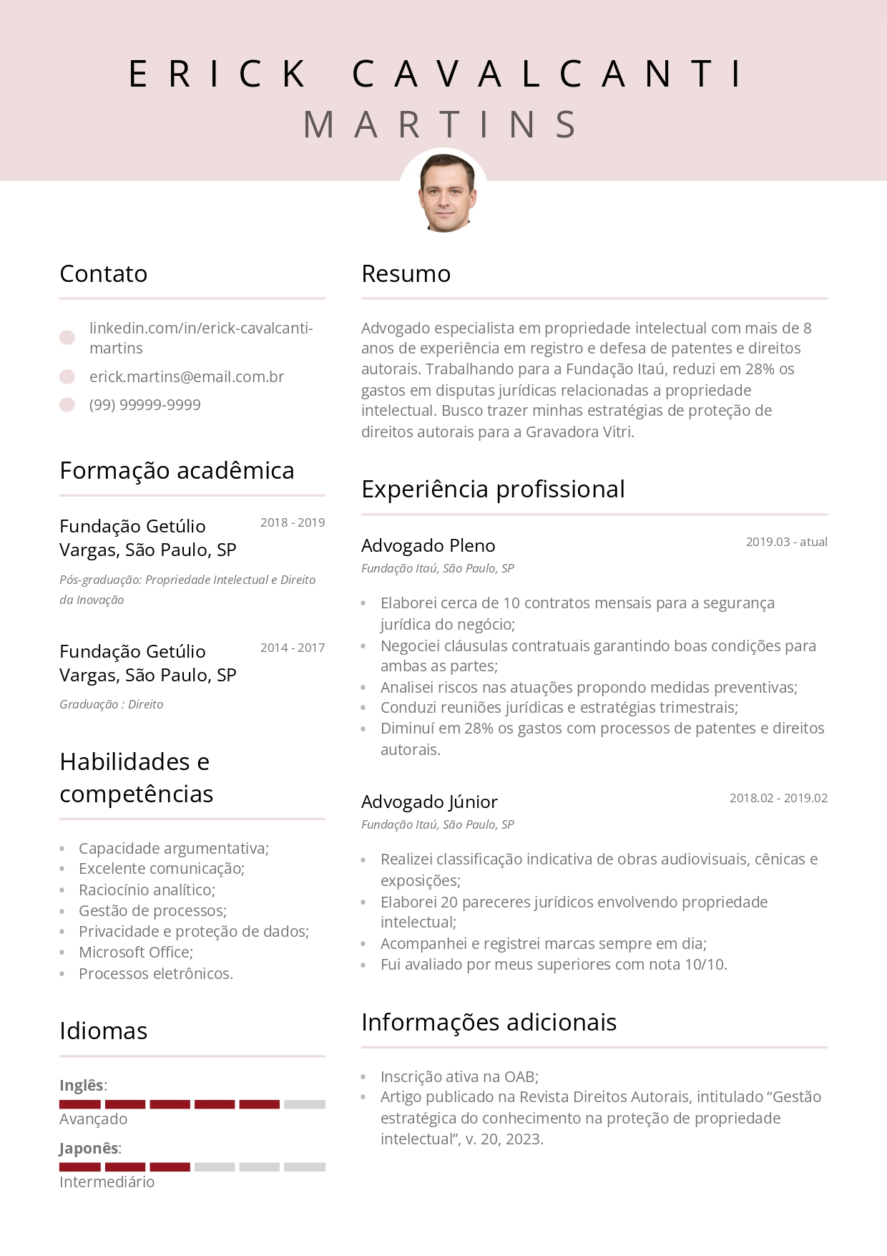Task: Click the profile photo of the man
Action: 444,193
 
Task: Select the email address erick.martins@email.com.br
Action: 186,376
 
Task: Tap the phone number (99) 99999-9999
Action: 144,404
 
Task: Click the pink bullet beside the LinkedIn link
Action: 67,338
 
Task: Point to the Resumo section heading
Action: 406,273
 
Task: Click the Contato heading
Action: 103,273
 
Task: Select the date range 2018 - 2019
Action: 292,522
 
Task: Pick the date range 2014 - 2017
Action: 292,648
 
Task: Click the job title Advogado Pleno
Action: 428,545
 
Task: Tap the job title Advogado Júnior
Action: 429,802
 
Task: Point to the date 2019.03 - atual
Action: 786,542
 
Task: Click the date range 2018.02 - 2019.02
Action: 778,798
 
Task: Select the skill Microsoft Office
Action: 135,952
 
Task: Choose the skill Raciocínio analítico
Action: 147,890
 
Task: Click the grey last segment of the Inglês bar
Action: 304,1104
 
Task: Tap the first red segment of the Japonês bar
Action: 79,1167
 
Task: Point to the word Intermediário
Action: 107,1182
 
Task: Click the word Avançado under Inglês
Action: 93,1119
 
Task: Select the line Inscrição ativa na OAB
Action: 459,1076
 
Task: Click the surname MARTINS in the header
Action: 441,125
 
